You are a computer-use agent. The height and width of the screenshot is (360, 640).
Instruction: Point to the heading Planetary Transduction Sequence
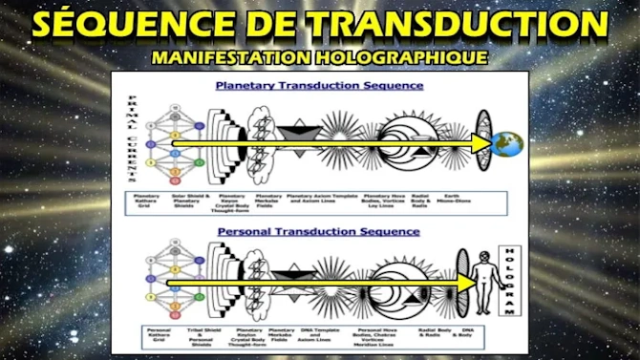[x=319, y=85]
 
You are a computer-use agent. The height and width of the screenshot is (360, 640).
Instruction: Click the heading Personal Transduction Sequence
[x=319, y=230]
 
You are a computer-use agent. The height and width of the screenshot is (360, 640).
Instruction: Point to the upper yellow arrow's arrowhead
[x=481, y=143]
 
